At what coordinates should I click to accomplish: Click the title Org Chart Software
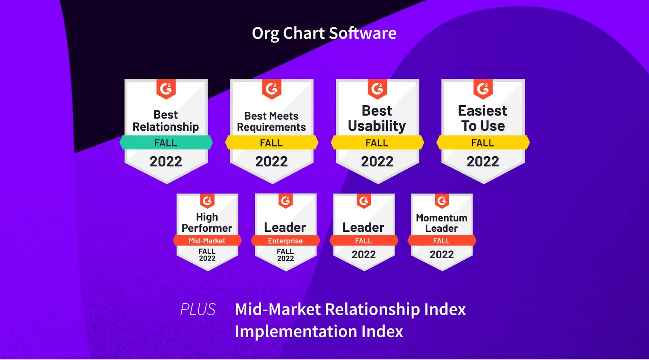[x=324, y=33]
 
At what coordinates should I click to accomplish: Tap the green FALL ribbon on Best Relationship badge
[x=166, y=142]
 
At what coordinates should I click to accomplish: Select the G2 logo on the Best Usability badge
[x=377, y=89]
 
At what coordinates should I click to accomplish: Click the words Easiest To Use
[x=483, y=118]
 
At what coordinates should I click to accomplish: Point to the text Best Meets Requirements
[x=271, y=121]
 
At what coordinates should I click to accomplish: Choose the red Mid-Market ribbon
[x=207, y=241]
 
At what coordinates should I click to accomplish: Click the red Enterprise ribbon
[x=286, y=241]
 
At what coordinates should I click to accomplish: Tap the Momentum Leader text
[x=442, y=223]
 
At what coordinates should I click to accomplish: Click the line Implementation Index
[x=319, y=331]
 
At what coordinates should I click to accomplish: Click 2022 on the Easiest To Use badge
[x=483, y=162]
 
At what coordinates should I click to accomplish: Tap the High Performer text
[x=207, y=222]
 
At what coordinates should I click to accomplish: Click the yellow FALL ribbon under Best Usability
[x=377, y=142]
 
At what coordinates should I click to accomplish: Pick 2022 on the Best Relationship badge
[x=166, y=162]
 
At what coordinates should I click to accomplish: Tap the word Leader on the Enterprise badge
[x=285, y=227]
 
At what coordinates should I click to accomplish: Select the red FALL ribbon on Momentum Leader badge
[x=442, y=241]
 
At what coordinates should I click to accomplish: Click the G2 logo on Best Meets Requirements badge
[x=271, y=89]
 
